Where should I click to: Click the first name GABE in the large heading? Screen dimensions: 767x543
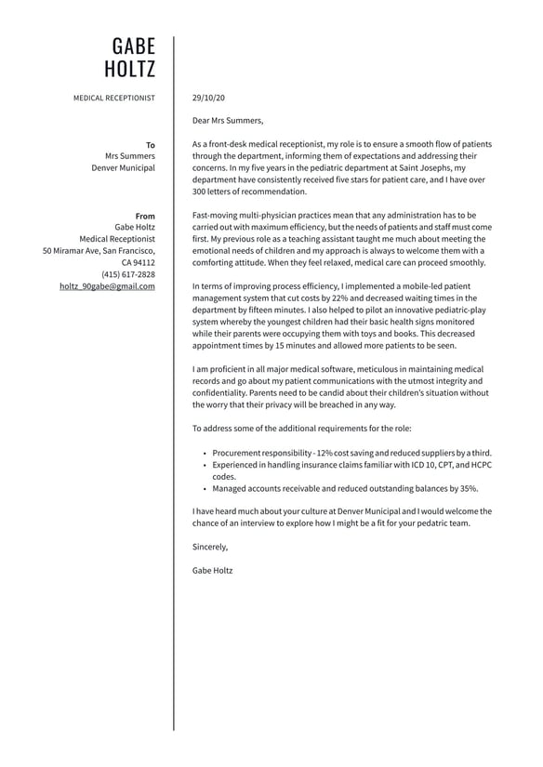134,46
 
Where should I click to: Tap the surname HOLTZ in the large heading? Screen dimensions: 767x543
130,70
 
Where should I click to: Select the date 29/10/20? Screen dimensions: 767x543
208,97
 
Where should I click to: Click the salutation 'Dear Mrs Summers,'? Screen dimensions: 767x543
228,120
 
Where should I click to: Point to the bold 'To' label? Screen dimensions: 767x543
151,145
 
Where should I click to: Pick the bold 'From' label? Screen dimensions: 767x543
145,216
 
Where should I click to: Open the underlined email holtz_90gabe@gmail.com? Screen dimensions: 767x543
107,286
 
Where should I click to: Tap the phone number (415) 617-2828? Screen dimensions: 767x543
128,274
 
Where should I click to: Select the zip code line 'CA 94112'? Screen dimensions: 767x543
138,262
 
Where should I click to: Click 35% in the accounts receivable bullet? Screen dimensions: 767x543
469,488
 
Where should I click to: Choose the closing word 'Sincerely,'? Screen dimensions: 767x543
210,547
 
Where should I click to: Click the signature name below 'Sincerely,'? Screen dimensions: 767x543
213,570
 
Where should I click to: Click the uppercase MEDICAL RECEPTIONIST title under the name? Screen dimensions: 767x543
114,97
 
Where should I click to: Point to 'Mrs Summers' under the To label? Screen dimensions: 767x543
130,156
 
